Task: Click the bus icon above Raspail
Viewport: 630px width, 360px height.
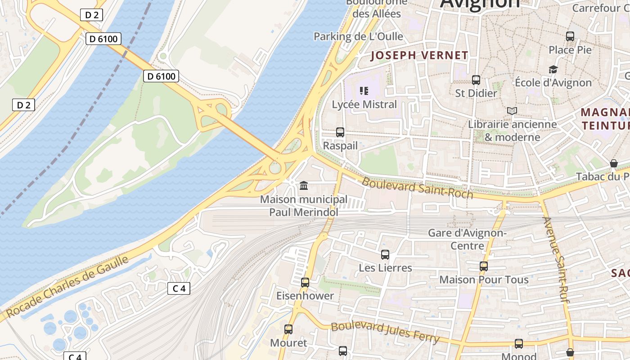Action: (x=340, y=132)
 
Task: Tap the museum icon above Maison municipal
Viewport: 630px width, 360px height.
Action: (x=304, y=185)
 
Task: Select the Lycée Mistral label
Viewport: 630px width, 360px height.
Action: (x=364, y=104)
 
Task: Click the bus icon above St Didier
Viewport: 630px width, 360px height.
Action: (x=476, y=80)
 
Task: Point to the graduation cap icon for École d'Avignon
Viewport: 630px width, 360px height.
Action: (x=553, y=69)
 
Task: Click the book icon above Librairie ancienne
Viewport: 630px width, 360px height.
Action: (x=512, y=111)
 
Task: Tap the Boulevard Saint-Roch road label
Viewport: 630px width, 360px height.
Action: (x=417, y=188)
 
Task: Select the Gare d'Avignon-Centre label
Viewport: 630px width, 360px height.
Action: (x=467, y=239)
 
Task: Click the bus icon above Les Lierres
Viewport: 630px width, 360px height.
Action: (x=385, y=255)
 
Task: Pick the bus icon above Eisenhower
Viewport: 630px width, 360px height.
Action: (x=305, y=283)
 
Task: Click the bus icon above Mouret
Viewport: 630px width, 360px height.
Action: (x=288, y=329)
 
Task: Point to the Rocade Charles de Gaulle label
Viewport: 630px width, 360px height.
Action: (x=67, y=287)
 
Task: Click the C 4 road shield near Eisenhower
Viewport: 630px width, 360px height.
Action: (x=179, y=288)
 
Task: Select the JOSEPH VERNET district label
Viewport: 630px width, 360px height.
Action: (x=419, y=56)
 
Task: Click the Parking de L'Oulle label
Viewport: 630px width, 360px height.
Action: (x=358, y=36)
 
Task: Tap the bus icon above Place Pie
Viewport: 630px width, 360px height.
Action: (x=570, y=36)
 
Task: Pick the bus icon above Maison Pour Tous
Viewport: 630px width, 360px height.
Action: (x=484, y=266)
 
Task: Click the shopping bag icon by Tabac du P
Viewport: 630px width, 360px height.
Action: (x=613, y=163)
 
